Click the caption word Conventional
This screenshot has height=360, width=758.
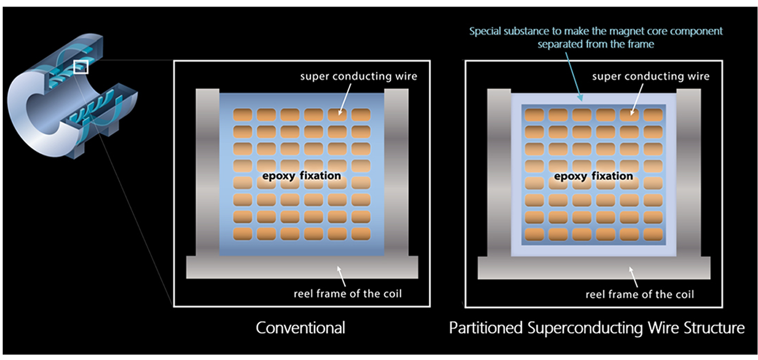(300, 328)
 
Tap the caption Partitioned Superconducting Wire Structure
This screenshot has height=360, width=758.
(597, 328)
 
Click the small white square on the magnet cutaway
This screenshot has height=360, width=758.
(81, 67)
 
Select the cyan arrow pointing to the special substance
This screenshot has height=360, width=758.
(574, 76)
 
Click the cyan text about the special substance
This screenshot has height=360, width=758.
(596, 37)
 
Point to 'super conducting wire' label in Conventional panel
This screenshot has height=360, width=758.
(358, 76)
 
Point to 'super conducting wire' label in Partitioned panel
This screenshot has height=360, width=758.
(651, 76)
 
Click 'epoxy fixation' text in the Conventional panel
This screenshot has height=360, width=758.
(302, 176)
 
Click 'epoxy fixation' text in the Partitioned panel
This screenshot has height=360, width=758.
(593, 176)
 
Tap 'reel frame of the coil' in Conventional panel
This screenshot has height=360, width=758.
(348, 293)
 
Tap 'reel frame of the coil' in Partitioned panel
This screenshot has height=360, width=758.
(639, 294)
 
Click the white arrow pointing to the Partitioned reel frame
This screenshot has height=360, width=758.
(633, 277)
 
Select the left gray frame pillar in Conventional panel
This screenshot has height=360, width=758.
(207, 172)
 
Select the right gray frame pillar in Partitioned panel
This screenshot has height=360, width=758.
(689, 173)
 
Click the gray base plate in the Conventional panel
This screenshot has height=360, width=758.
(302, 267)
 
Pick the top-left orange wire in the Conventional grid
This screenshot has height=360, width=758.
(243, 115)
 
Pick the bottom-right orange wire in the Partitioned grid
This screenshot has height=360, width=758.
(653, 234)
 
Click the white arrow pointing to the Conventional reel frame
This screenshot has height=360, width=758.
(342, 276)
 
